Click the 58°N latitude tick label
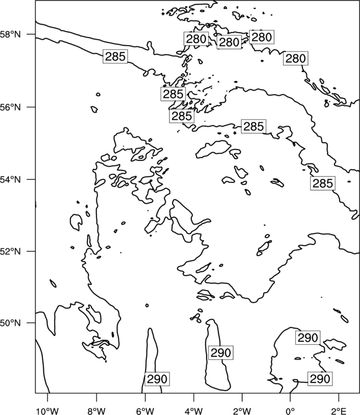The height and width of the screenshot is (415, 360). point(11,34)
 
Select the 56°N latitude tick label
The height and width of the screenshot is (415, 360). point(11,107)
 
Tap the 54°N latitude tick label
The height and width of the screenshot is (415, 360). point(11,179)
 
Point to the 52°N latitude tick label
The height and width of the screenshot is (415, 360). point(11,251)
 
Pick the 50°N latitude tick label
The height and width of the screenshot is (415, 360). point(11,323)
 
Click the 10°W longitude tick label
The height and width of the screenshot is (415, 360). point(47,411)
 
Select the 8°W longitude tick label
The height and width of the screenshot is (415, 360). point(96,411)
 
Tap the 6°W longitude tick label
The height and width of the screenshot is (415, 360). point(145,411)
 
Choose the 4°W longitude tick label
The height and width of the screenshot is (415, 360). point(194,411)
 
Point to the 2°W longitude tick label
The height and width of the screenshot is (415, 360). point(242,411)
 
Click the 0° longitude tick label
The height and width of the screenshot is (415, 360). point(290,411)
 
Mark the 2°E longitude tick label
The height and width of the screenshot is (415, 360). point(339,411)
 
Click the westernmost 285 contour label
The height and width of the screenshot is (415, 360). point(115,56)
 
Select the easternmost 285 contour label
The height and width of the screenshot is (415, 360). point(323,183)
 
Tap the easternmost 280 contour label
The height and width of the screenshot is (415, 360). point(296,58)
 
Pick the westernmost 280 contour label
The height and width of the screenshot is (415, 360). point(196,39)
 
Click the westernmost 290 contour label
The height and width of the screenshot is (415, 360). point(157,379)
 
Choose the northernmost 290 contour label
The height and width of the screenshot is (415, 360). point(308,338)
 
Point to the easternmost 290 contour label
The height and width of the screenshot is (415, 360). point(320,378)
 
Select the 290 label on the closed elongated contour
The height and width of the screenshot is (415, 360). point(220,352)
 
